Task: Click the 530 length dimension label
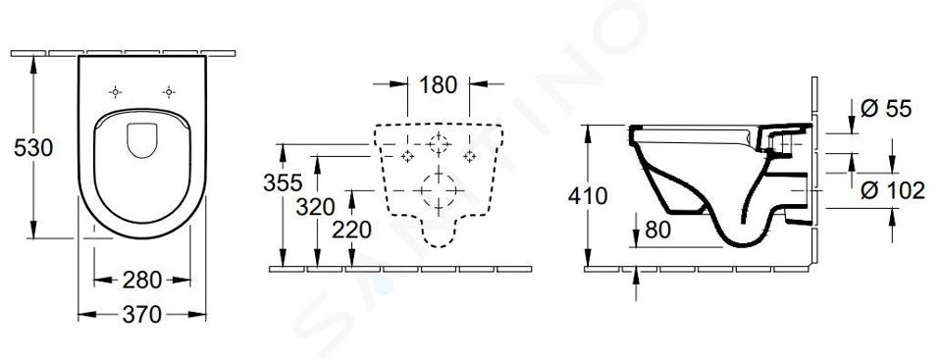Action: [33, 147]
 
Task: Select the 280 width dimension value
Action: [141, 281]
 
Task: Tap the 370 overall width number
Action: [141, 314]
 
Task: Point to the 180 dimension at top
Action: [438, 85]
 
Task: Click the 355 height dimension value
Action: [283, 182]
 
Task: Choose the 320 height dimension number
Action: [315, 207]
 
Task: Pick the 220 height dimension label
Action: [351, 230]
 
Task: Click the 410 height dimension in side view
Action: [588, 196]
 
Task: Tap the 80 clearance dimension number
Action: [657, 230]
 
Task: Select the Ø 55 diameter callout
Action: [886, 109]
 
